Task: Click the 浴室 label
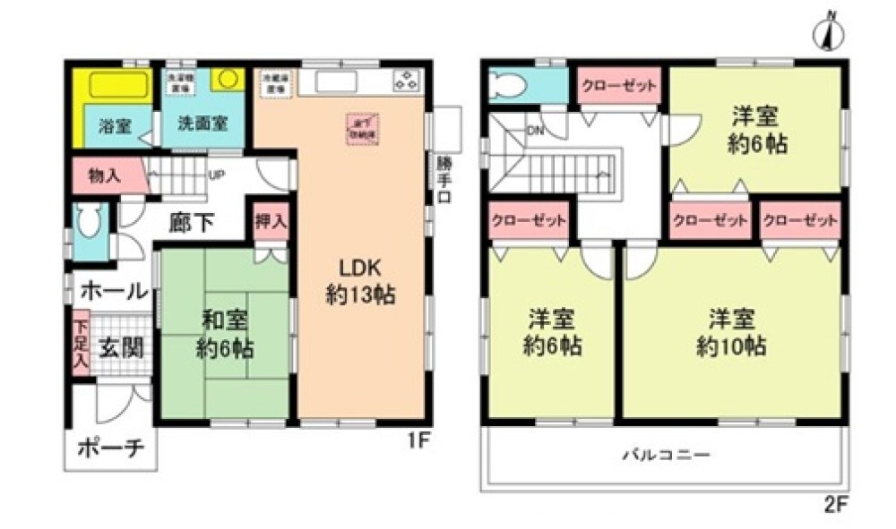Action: coord(114,124)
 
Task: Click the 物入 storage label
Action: coord(106,175)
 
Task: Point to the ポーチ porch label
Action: coord(111,448)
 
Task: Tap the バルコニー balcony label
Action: coord(667,455)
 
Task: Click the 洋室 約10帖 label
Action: coord(731,331)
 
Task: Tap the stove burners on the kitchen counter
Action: coord(406,81)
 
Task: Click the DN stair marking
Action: coord(536,131)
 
